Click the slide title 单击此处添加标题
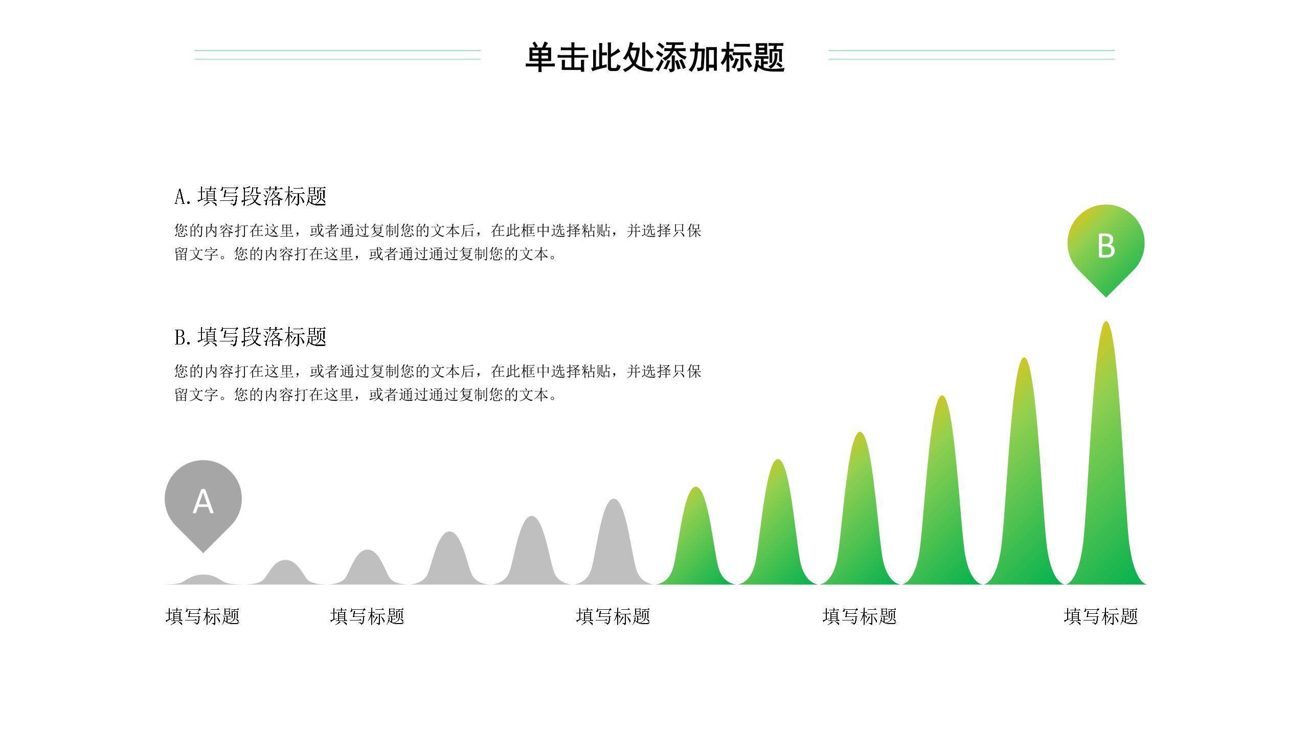point(654,57)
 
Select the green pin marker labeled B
point(1105,245)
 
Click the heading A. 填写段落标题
point(250,196)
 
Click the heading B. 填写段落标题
point(250,337)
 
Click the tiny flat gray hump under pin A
point(203,580)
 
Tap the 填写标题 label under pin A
point(203,616)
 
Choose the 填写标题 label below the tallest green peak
point(1101,616)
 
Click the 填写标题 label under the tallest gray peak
point(613,616)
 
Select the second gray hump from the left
point(285,573)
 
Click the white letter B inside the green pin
point(1105,246)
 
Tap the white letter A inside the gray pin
point(203,502)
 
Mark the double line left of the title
point(337,55)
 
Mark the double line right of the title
point(972,55)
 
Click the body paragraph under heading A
point(437,242)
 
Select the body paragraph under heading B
point(437,383)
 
